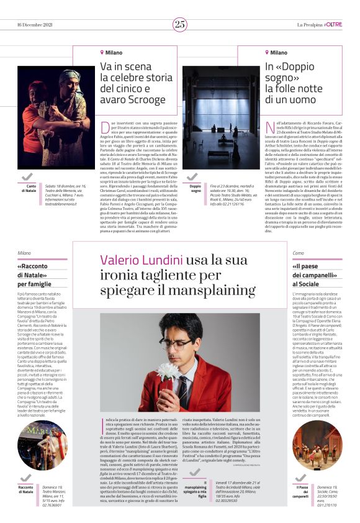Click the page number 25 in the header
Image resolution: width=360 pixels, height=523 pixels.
[180, 24]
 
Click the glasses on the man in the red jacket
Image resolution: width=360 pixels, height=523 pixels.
[176, 341]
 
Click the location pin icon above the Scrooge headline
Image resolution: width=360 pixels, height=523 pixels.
[102, 53]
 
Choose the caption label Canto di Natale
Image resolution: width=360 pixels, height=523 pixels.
[30, 188]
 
